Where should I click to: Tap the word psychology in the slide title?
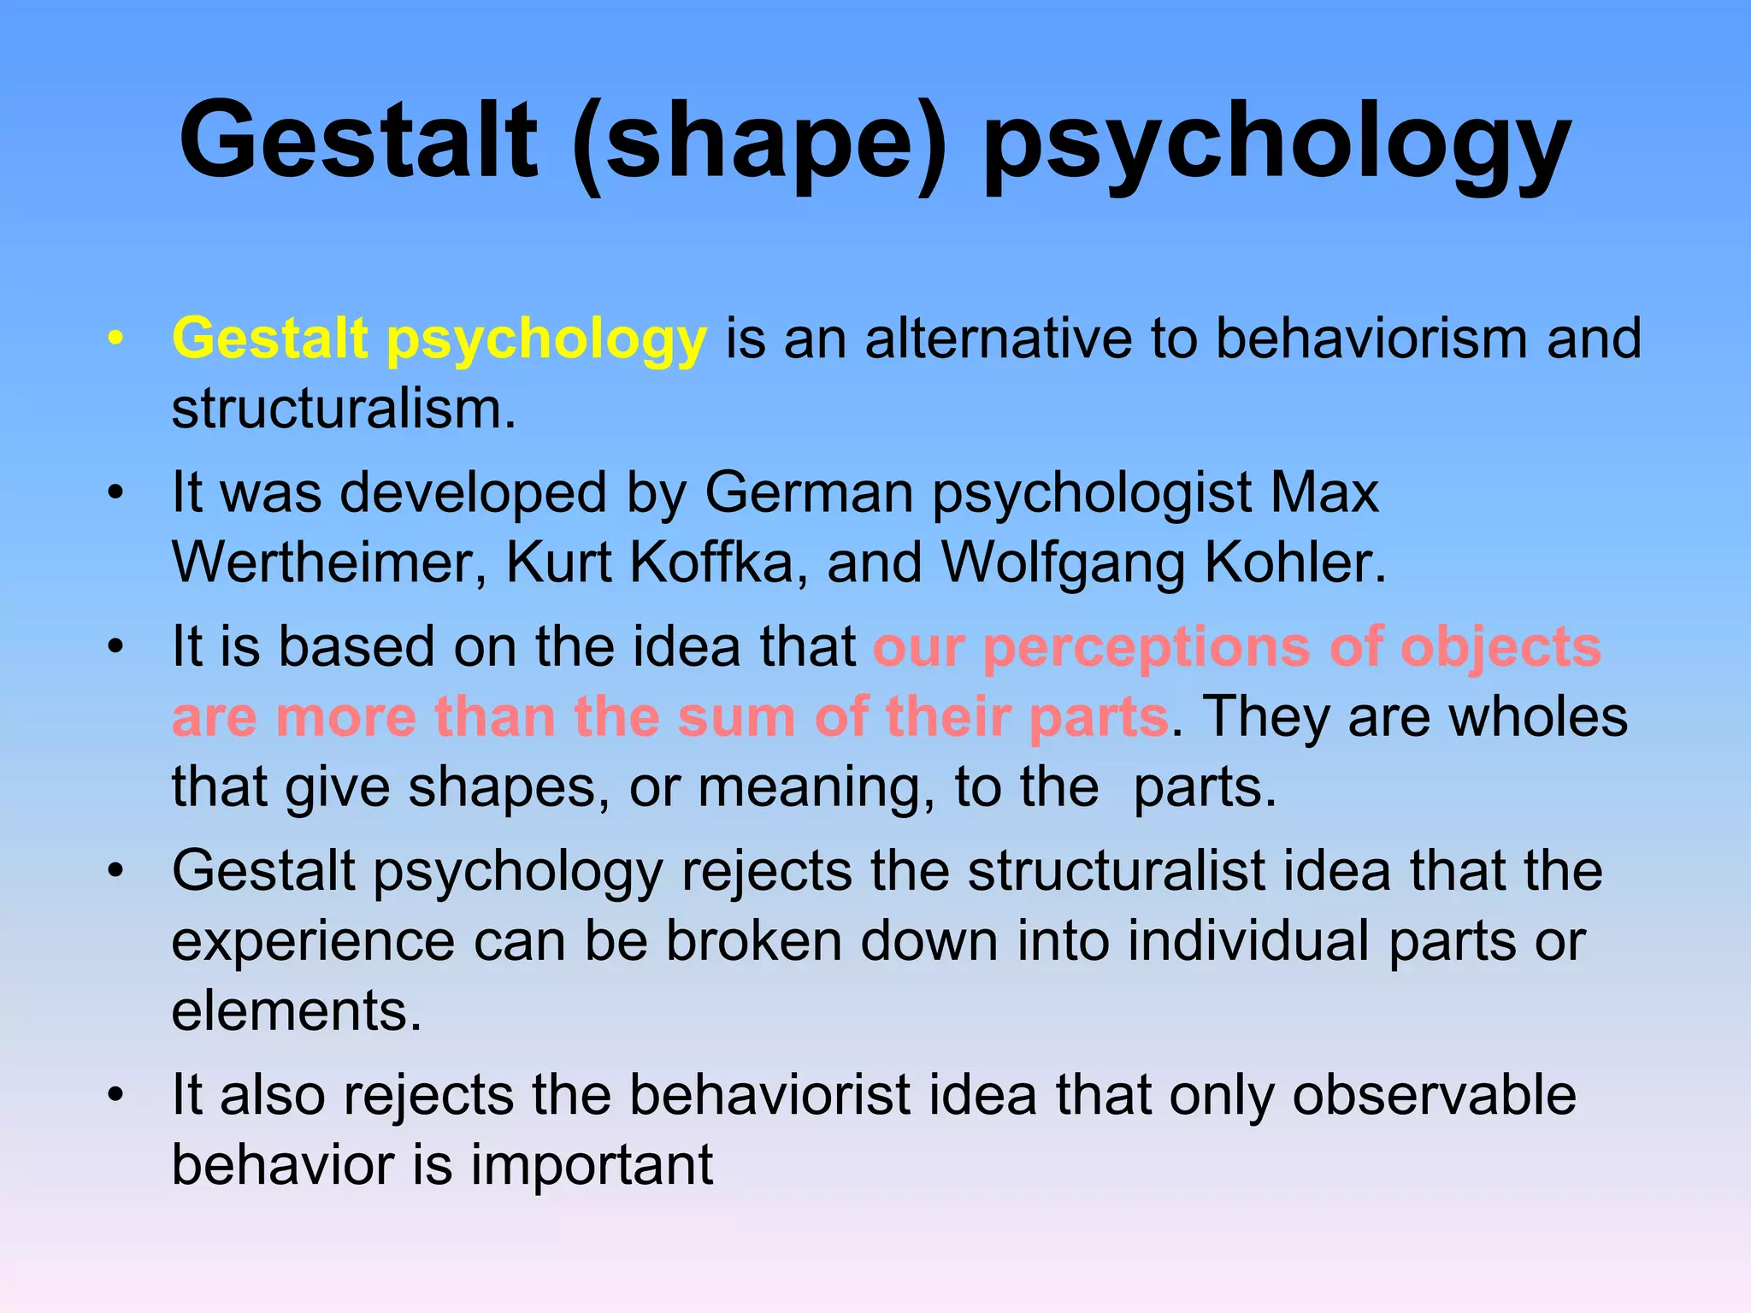[1276, 141]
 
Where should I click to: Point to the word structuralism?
[343, 409]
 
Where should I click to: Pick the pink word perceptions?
[1146, 648]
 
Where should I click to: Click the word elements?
[296, 1011]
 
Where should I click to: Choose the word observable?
[1434, 1095]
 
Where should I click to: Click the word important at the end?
[592, 1166]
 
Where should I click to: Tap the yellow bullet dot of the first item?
[116, 339]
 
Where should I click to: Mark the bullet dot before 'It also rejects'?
[116, 1095]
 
